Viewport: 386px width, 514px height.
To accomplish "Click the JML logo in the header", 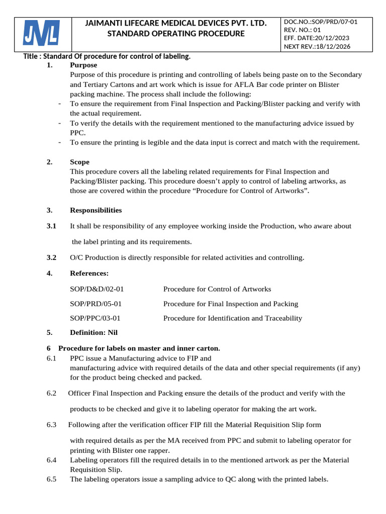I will point(42,34).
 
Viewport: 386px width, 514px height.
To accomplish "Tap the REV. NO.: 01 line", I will point(302,30).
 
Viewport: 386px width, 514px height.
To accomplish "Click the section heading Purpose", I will point(83,65).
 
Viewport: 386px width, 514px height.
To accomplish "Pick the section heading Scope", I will point(79,162).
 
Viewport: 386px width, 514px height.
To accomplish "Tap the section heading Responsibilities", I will point(95,210).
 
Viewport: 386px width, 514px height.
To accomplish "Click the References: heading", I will point(89,274).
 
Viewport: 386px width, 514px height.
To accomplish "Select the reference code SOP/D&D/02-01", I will point(96,289).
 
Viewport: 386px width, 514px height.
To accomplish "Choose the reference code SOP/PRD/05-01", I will point(95,304).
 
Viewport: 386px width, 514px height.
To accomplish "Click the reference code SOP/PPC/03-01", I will point(95,318).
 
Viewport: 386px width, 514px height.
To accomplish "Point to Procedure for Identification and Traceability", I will point(232,318).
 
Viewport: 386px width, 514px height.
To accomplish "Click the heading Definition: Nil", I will point(93,332).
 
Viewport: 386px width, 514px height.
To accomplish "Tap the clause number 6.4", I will point(52,460).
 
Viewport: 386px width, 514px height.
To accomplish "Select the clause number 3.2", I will point(51,258).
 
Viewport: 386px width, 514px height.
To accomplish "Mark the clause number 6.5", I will point(52,479).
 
